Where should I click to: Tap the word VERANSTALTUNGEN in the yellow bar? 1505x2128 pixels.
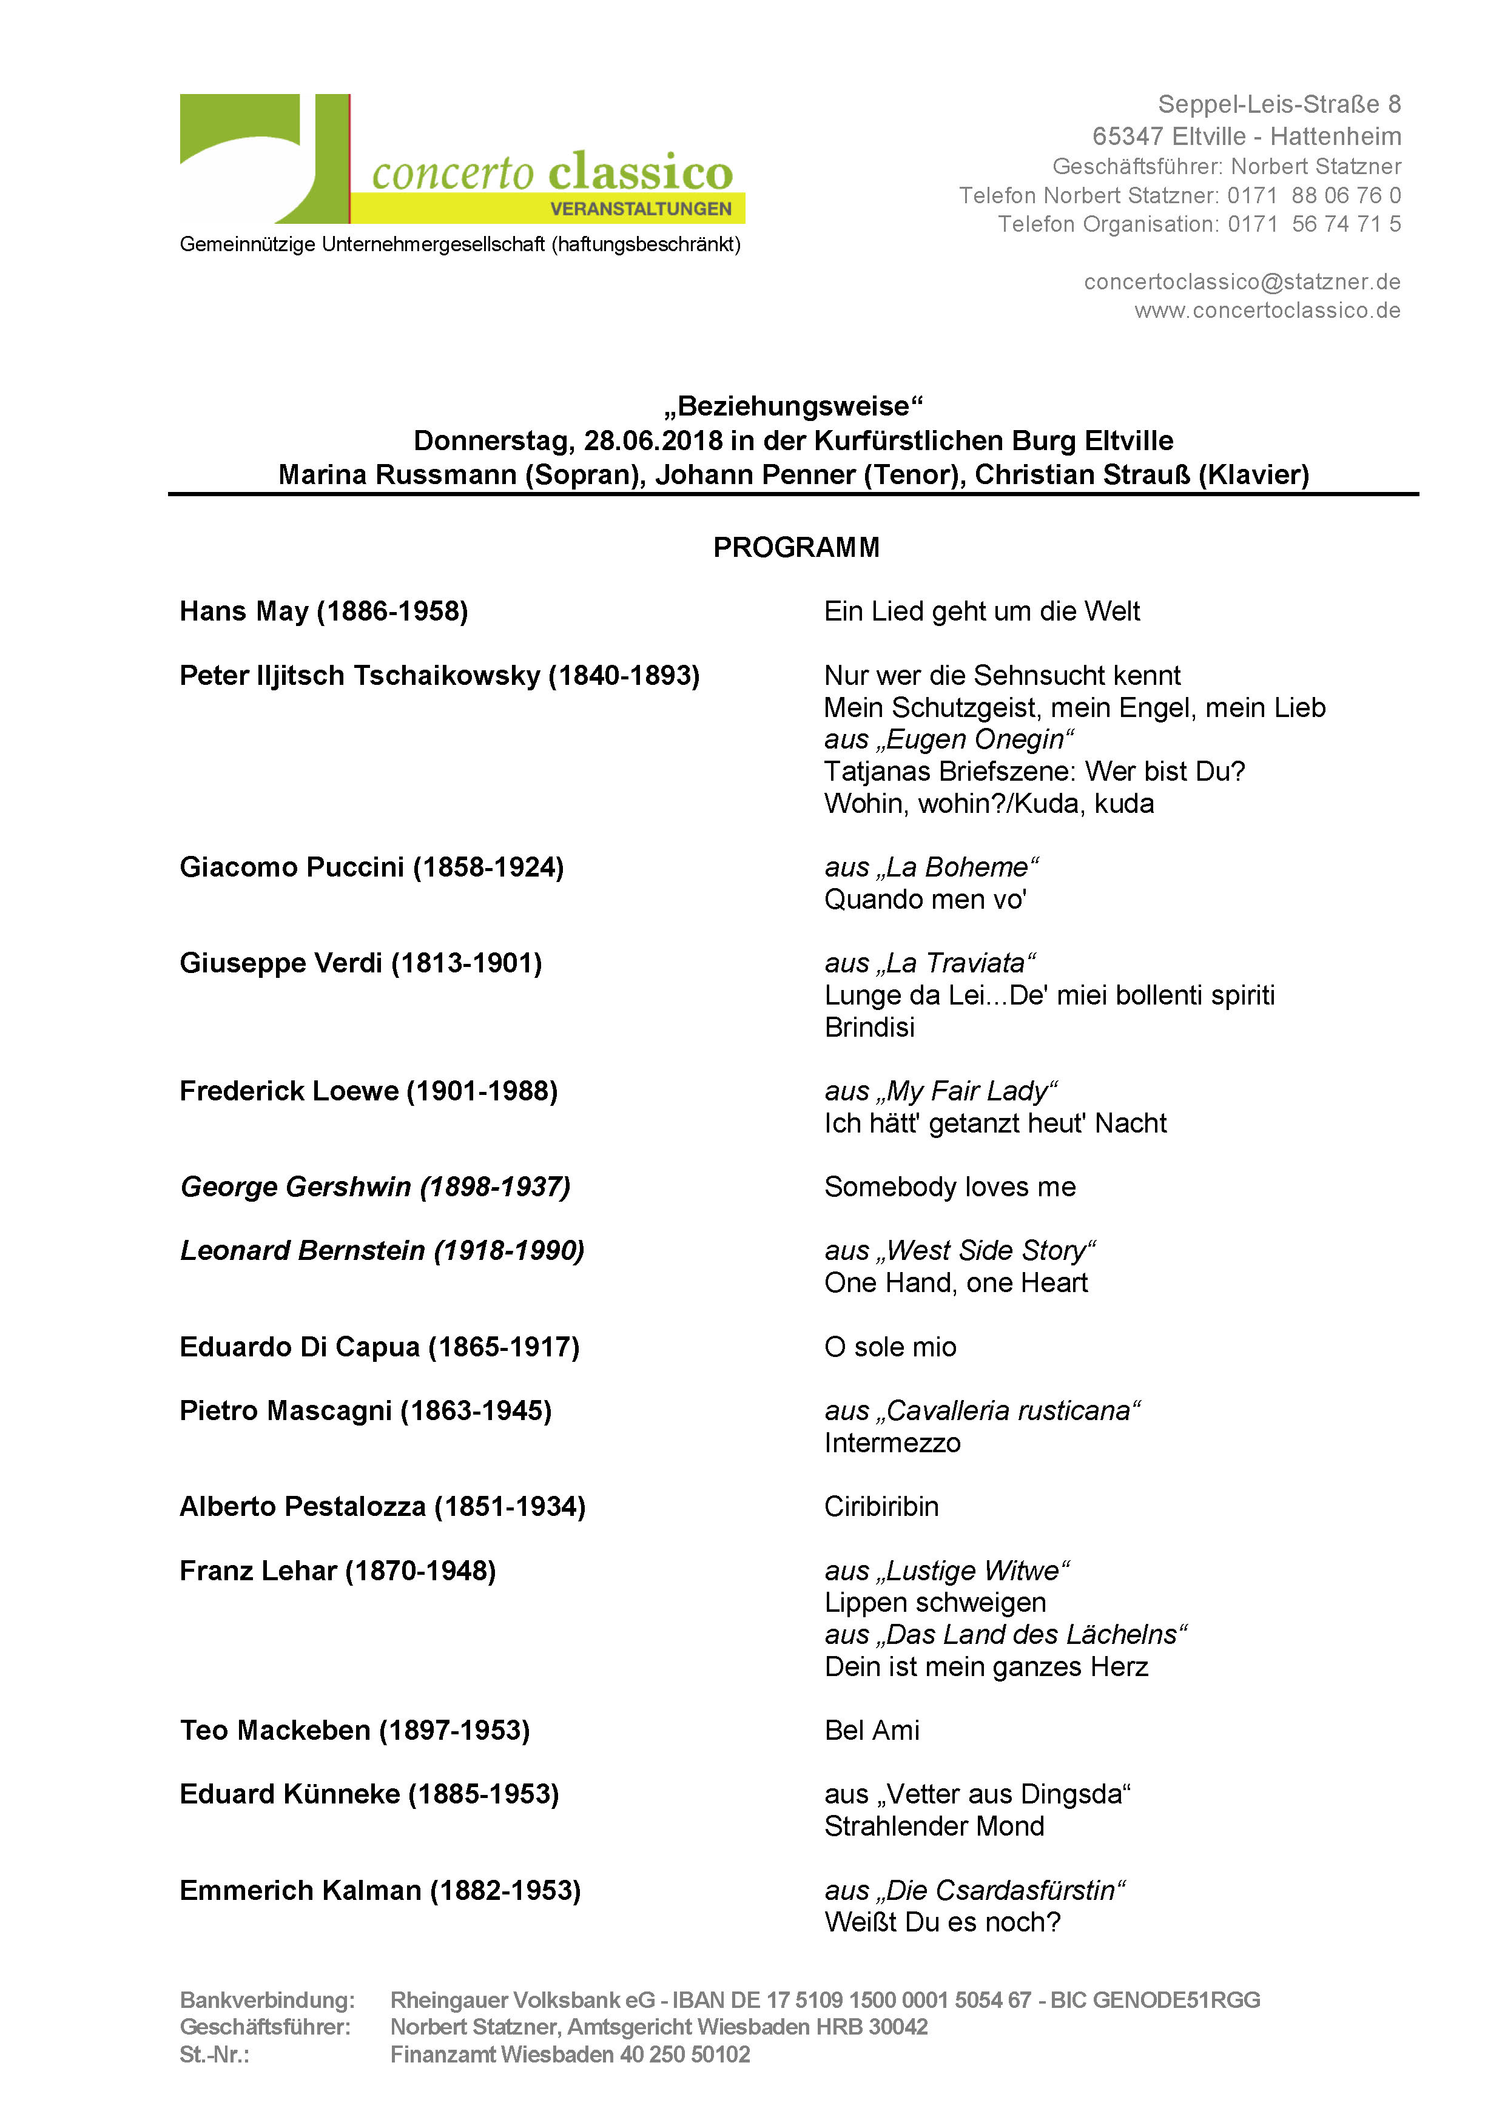point(641,209)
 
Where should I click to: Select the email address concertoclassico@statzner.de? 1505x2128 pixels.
point(1242,281)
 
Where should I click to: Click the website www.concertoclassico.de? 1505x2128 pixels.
point(1267,311)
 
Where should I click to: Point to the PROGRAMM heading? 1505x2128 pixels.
point(795,548)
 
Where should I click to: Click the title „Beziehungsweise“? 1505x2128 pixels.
point(793,406)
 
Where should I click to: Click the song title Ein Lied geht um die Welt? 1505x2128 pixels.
point(981,611)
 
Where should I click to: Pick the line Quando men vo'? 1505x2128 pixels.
point(925,899)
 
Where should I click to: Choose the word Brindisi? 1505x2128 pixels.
point(869,1027)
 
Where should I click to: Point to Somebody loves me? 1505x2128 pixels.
point(950,1187)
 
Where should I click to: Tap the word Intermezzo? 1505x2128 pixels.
point(892,1443)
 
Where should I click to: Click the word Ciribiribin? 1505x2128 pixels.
point(881,1507)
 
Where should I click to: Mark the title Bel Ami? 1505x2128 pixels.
point(871,1731)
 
